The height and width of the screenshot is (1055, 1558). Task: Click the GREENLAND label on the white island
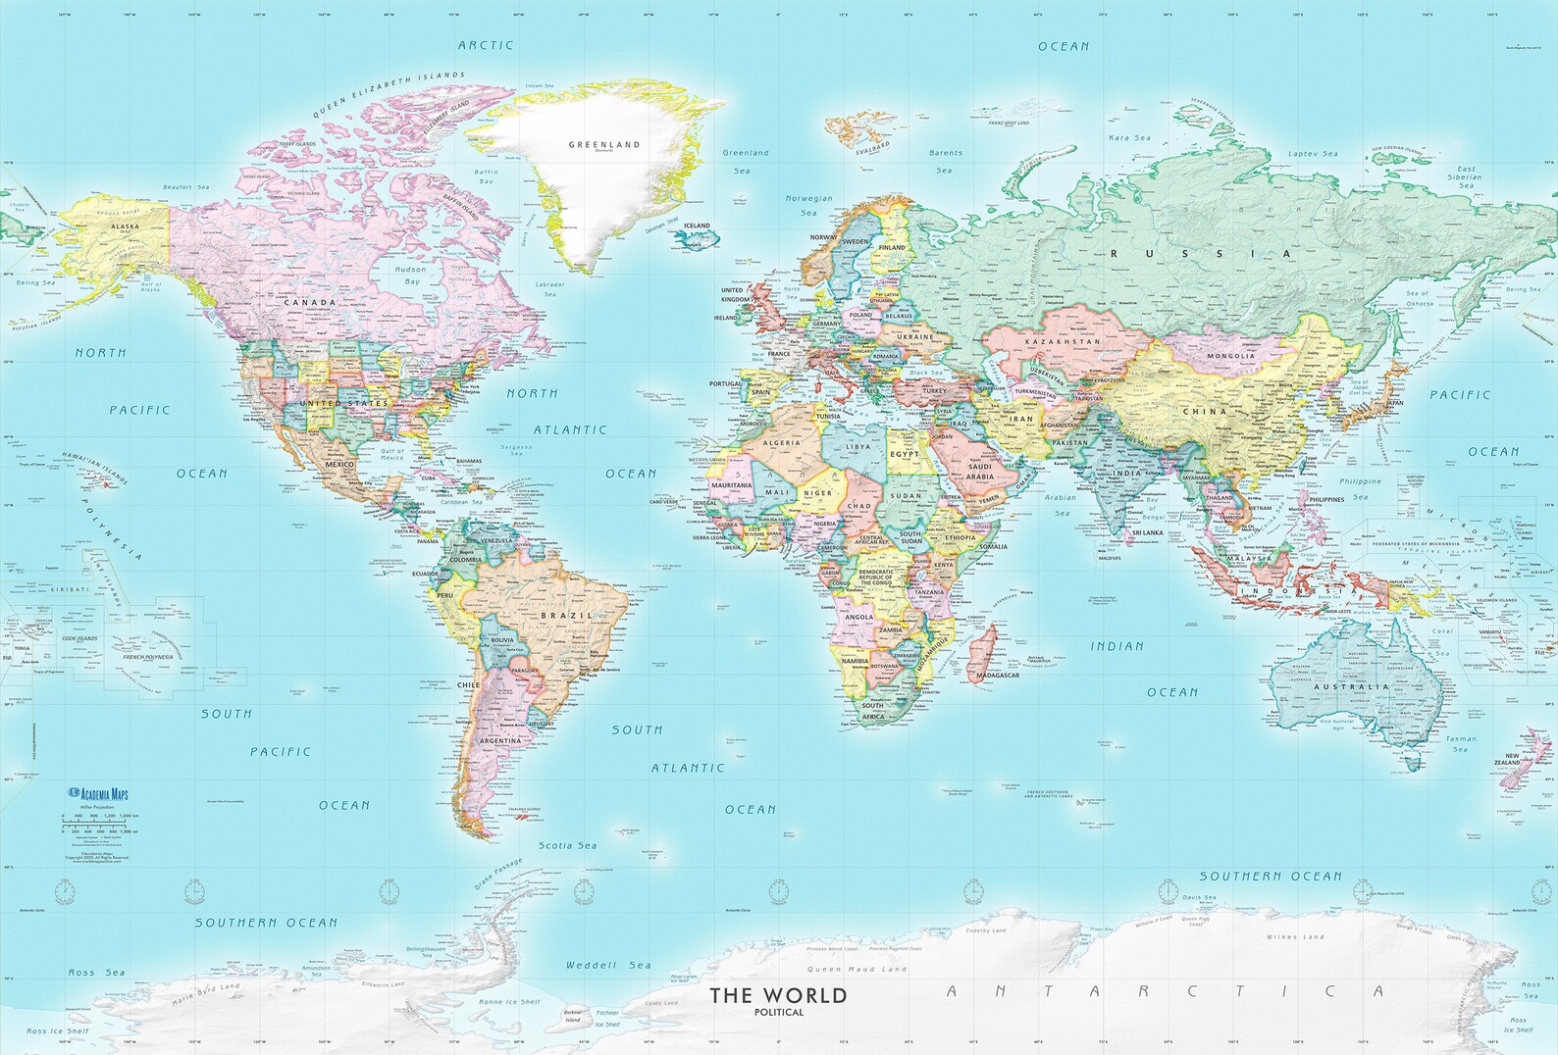pyautogui.click(x=604, y=144)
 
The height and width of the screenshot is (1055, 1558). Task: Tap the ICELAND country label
pyautogui.click(x=697, y=226)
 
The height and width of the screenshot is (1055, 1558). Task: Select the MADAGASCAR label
pyautogui.click(x=998, y=675)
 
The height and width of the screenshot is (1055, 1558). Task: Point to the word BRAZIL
pyautogui.click(x=567, y=616)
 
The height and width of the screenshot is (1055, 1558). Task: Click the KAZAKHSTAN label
pyautogui.click(x=1063, y=341)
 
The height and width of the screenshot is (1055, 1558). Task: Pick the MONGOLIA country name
pyautogui.click(x=1231, y=356)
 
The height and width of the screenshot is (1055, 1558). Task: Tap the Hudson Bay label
pyautogui.click(x=411, y=275)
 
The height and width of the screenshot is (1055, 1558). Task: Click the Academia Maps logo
pyautogui.click(x=98, y=794)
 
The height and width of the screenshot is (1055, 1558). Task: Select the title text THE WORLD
pyautogui.click(x=778, y=995)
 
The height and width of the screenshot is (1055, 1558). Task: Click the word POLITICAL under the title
pyautogui.click(x=779, y=1013)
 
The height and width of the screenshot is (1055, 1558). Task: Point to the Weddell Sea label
pyautogui.click(x=608, y=965)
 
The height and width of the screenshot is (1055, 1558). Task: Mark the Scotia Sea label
pyautogui.click(x=567, y=845)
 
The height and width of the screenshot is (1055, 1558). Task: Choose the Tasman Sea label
pyautogui.click(x=1460, y=743)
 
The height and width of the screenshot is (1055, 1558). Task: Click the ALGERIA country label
pyautogui.click(x=782, y=443)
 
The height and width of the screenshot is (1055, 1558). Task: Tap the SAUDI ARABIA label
pyautogui.click(x=979, y=472)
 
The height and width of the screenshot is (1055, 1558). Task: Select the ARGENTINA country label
pyautogui.click(x=500, y=741)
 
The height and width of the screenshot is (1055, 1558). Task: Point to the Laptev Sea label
pyautogui.click(x=1313, y=154)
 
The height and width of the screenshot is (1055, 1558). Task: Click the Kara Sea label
pyautogui.click(x=1129, y=138)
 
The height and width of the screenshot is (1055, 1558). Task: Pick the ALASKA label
pyautogui.click(x=126, y=226)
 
